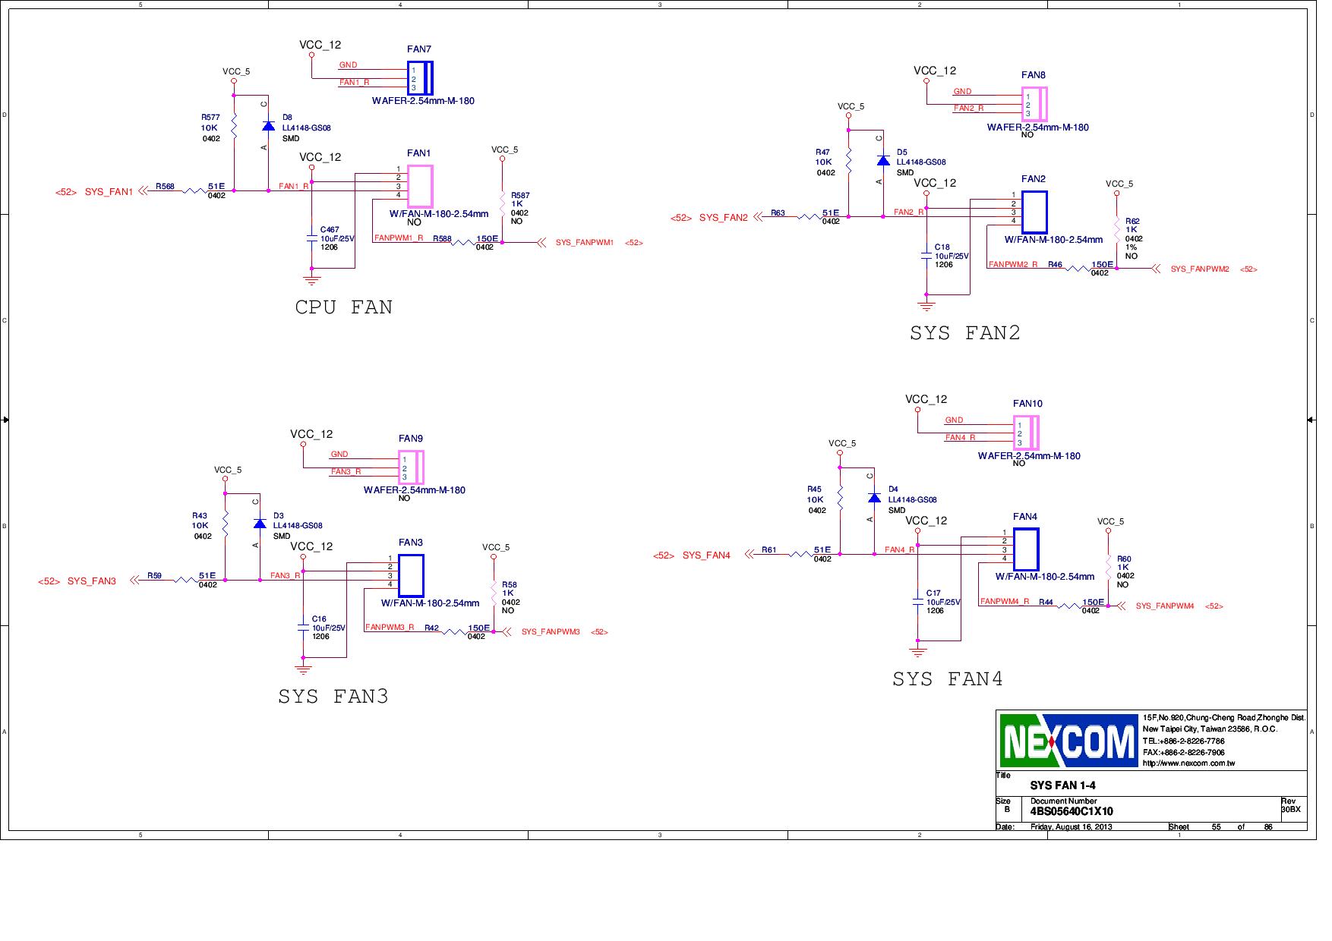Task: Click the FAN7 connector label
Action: coord(419,49)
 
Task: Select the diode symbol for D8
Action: coord(268,126)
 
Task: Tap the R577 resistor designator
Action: coord(210,118)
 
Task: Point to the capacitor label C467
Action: coord(330,229)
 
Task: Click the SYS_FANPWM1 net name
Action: coord(584,243)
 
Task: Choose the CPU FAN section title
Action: coord(343,307)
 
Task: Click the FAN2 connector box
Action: coord(1034,212)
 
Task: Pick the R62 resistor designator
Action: coord(1132,221)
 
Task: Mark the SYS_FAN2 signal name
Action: coord(723,218)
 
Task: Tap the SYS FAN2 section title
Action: coord(964,333)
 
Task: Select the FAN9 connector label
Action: coord(411,439)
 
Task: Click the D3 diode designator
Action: coord(279,516)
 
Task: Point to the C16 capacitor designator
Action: coord(319,619)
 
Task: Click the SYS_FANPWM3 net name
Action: coord(551,632)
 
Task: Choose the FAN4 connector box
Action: coord(1026,549)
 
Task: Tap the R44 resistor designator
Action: coord(1046,602)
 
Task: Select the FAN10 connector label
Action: coord(1027,404)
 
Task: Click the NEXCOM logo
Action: coord(1068,741)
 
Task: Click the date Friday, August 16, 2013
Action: coord(1071,826)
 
